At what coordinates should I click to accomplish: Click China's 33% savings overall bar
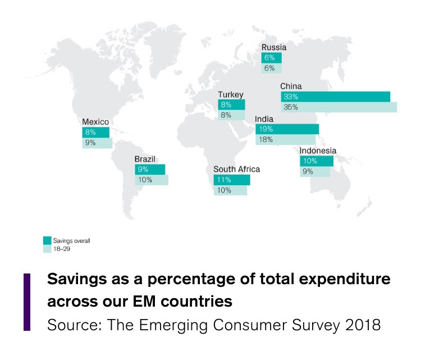(336, 97)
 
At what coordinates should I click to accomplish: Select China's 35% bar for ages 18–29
(339, 107)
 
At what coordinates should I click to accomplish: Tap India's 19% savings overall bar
(287, 129)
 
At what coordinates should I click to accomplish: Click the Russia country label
(274, 48)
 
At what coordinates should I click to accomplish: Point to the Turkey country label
(231, 95)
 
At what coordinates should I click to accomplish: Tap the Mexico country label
(95, 121)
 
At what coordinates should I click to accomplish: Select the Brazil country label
(145, 159)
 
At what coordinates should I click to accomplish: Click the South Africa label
(237, 169)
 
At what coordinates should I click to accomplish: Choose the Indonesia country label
(318, 151)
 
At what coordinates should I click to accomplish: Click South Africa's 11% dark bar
(231, 180)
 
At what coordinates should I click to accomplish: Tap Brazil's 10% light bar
(151, 180)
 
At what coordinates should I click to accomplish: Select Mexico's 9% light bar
(97, 143)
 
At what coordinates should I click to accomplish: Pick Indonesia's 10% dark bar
(316, 161)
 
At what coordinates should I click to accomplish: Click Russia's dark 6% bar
(272, 58)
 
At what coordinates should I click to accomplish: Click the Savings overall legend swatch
(47, 240)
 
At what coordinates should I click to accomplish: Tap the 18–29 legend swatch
(47, 248)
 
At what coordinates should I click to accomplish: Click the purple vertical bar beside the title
(26, 302)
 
